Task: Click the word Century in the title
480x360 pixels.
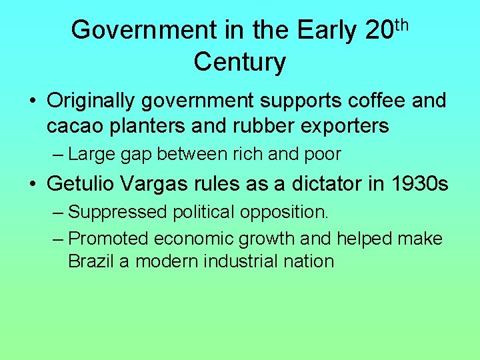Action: click(x=240, y=62)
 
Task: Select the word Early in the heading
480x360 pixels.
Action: click(x=327, y=30)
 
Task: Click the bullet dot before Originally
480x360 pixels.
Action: click(x=33, y=101)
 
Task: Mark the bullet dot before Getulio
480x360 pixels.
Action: click(x=33, y=183)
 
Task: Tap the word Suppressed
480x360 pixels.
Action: click(x=117, y=213)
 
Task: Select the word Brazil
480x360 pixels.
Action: click(x=91, y=261)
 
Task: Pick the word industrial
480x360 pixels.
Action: click(x=250, y=261)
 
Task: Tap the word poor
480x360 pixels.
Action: click(x=323, y=155)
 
